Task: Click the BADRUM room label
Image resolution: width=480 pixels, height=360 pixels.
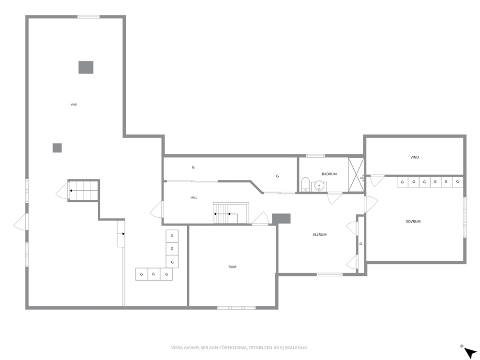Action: click(x=329, y=174)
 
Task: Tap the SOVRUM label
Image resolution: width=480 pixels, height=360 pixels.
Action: click(x=413, y=221)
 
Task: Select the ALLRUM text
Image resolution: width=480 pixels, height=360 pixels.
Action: click(x=319, y=235)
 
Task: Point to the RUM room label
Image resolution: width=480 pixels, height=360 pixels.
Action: click(x=232, y=267)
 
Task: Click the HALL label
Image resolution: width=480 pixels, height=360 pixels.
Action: click(x=194, y=197)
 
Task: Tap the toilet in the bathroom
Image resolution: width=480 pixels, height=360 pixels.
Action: click(x=305, y=184)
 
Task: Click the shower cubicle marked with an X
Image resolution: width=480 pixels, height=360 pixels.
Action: click(x=356, y=175)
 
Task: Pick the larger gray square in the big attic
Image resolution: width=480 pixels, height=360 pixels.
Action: click(x=86, y=67)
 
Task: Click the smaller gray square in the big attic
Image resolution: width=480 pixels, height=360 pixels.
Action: click(x=57, y=148)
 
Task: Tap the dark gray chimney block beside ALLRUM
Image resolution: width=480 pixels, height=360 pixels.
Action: click(x=281, y=218)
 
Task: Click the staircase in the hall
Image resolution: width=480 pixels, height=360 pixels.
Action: click(x=231, y=213)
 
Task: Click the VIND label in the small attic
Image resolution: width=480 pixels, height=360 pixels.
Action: click(x=415, y=157)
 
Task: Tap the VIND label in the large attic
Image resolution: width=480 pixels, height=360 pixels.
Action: click(x=74, y=105)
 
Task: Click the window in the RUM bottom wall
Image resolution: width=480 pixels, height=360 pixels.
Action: click(x=236, y=308)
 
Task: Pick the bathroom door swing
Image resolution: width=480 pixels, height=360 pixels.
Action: click(x=335, y=198)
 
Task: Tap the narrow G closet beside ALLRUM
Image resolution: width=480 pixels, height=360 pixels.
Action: click(x=361, y=244)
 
